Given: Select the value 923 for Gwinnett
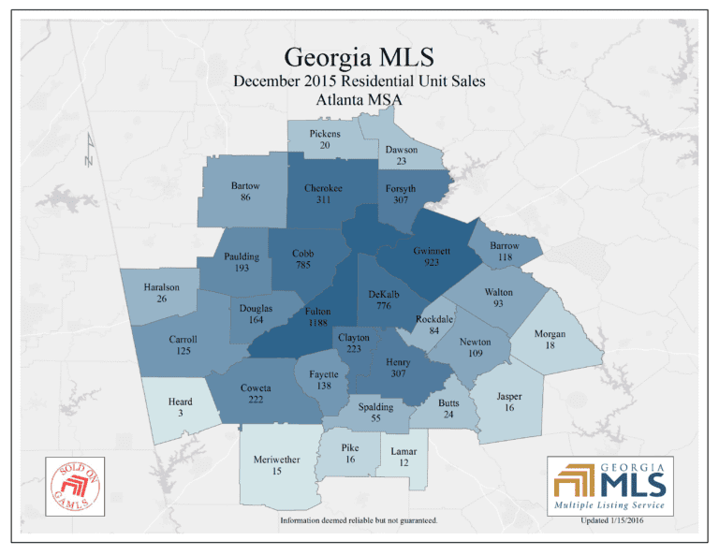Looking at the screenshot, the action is (432, 263).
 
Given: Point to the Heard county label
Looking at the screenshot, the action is (180, 402).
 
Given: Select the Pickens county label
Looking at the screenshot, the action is (325, 134).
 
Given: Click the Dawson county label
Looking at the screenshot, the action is (402, 150).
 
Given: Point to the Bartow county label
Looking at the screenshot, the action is (245, 185).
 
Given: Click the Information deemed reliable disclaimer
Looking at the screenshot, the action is (359, 519).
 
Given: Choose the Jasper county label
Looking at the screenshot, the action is (509, 397).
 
